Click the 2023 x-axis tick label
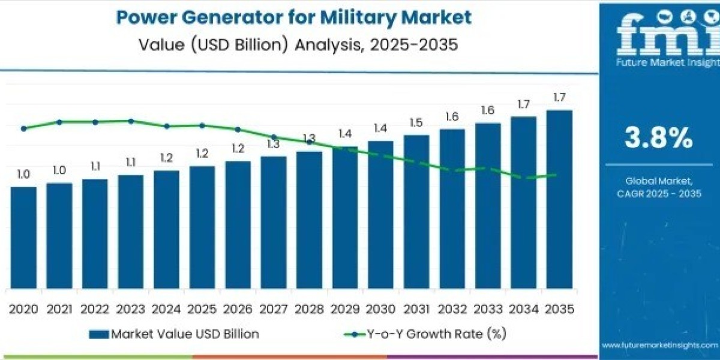click(x=131, y=309)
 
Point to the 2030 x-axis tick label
click(x=380, y=309)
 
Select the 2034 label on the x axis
click(x=523, y=309)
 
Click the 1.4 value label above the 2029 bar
click(x=344, y=134)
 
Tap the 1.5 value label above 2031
click(x=416, y=123)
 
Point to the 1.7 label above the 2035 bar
click(x=559, y=98)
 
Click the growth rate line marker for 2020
click(x=23, y=128)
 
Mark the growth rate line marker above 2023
click(x=131, y=121)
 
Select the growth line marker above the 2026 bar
click(x=238, y=130)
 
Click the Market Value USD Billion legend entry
click(x=174, y=334)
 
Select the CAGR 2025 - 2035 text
click(x=658, y=193)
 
